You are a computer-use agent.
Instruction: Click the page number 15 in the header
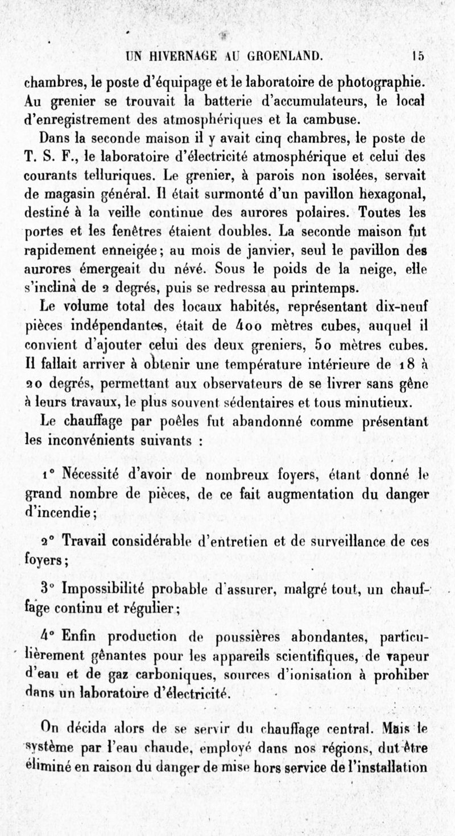click(419, 56)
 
